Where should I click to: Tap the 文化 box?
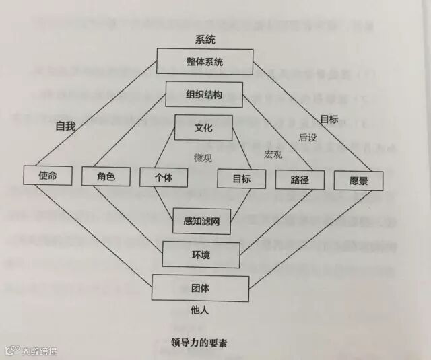[x=203, y=127]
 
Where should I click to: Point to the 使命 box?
[x=47, y=175]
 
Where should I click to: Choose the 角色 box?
[x=106, y=176]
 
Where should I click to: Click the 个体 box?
[x=163, y=177]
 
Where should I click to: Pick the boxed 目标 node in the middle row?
[x=242, y=178]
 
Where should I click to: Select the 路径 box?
[x=300, y=179]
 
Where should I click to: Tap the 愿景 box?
[x=359, y=180]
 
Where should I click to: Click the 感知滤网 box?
[x=202, y=220]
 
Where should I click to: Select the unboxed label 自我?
[x=65, y=125]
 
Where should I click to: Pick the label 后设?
[x=307, y=137]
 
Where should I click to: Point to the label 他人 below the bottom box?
[x=200, y=310]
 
